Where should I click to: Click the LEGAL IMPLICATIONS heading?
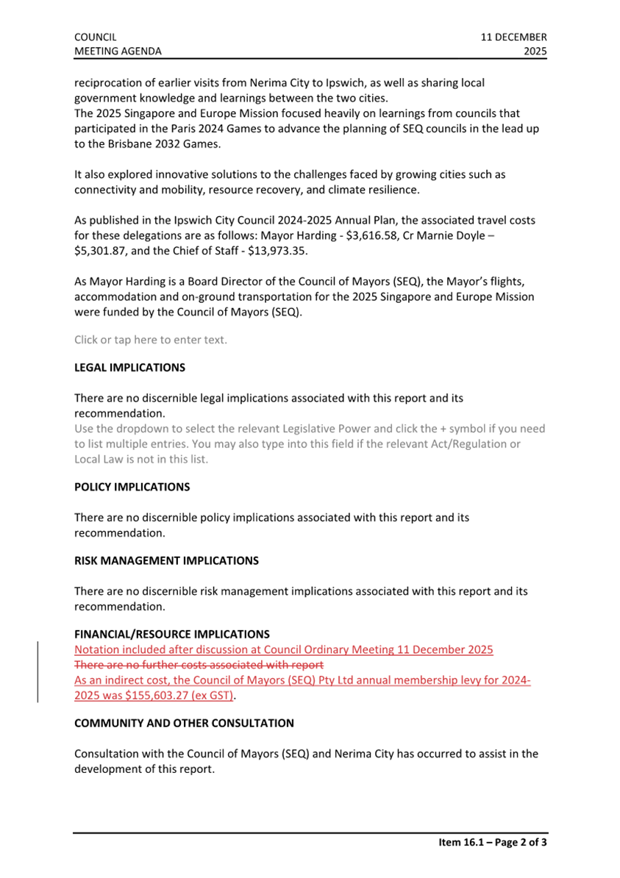pos(129,368)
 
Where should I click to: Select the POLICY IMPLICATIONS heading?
pos(132,487)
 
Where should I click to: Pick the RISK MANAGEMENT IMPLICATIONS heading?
pos(166,560)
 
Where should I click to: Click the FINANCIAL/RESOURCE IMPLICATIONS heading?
pos(171,634)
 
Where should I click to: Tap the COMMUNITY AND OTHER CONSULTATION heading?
pos(184,723)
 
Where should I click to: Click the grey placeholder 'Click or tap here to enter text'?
pos(151,339)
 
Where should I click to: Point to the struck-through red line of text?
pos(199,665)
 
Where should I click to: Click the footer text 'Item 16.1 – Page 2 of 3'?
pos(488,843)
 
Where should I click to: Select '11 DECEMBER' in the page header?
pos(514,37)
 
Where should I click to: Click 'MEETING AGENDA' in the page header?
pos(118,51)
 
